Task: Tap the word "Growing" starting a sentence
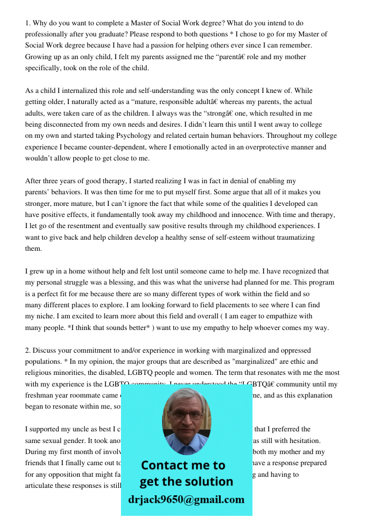[x=39, y=56]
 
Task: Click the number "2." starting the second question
[x=29, y=350]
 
